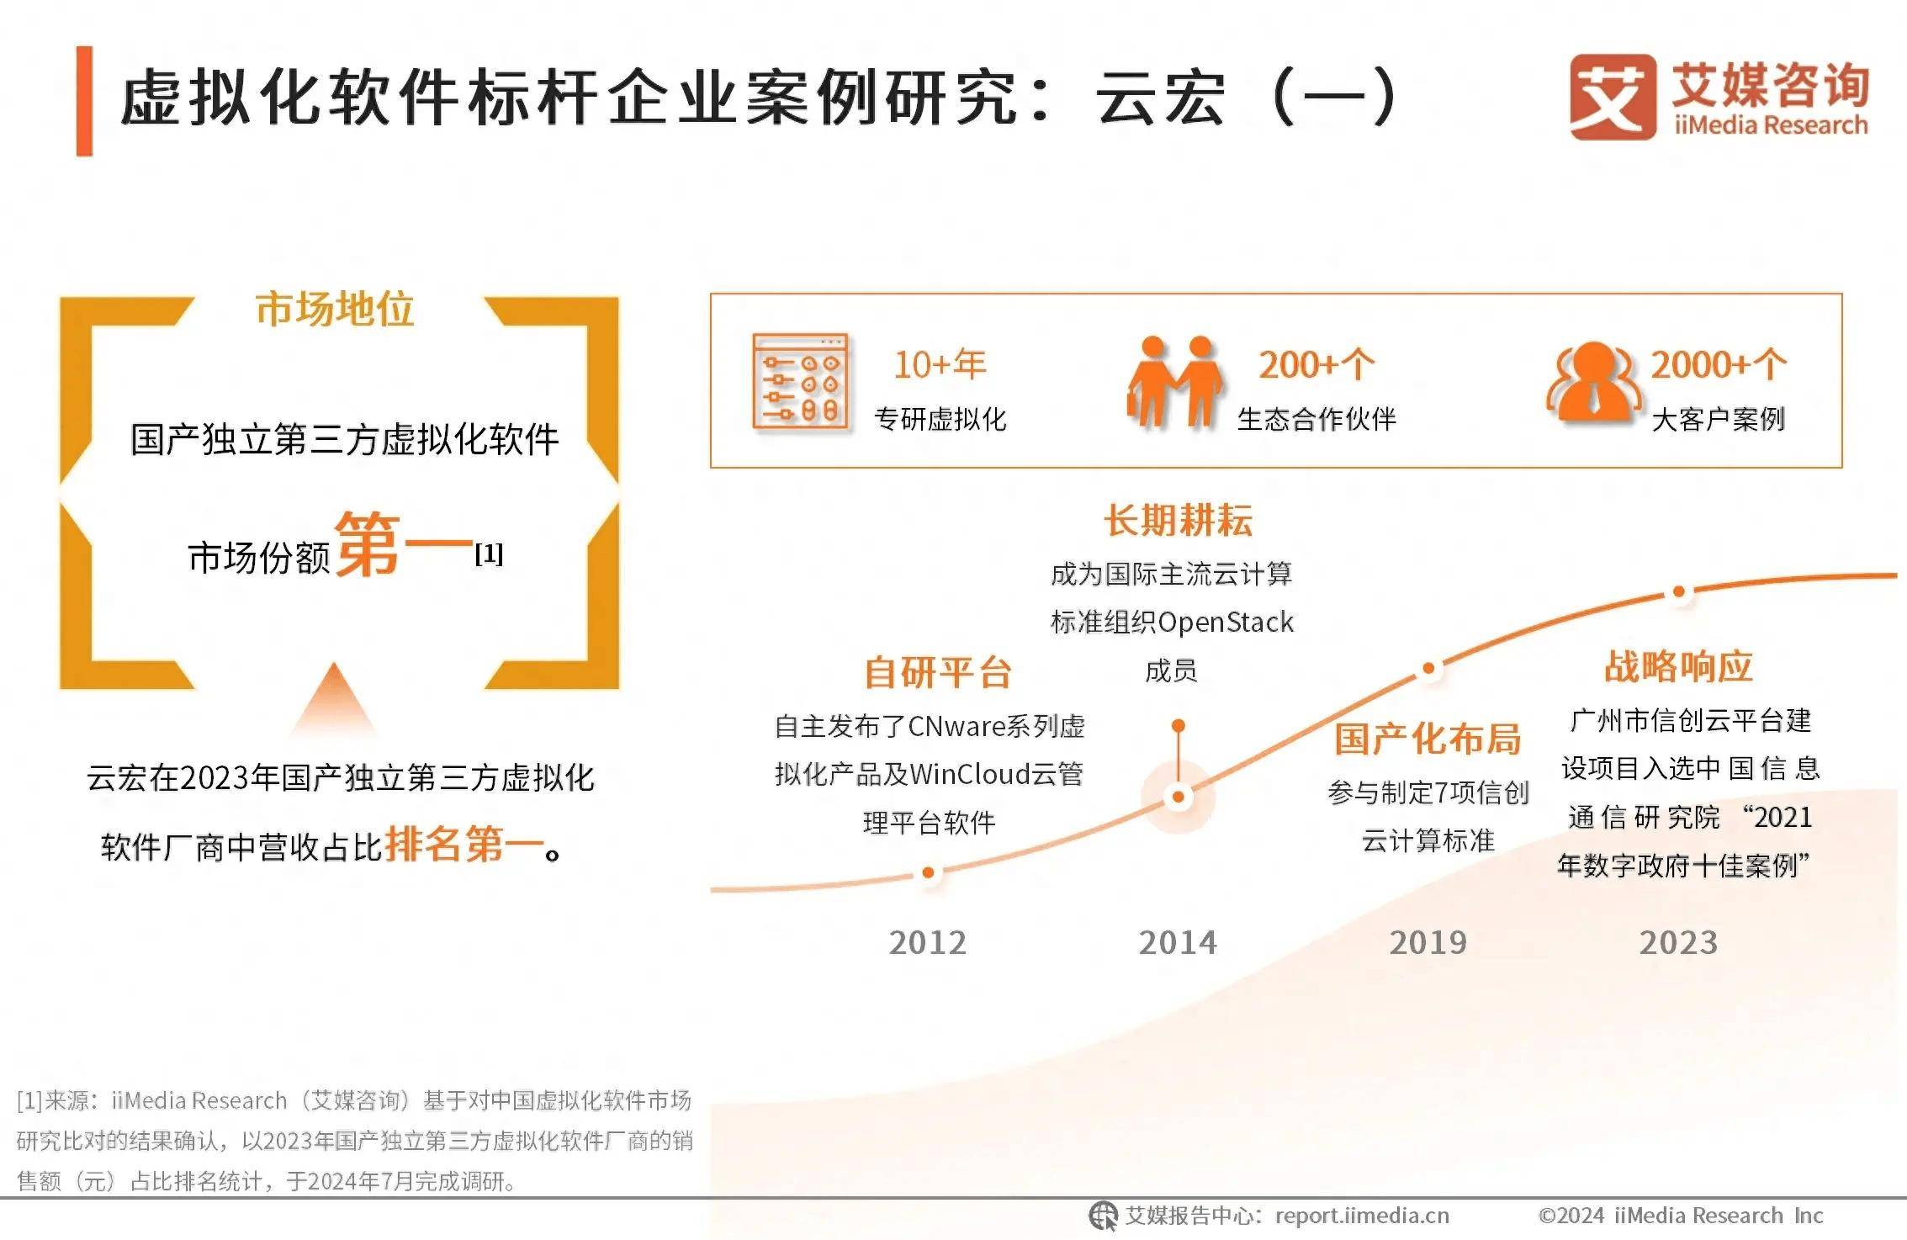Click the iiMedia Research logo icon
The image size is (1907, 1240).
(1612, 97)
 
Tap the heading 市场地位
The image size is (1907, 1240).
(334, 309)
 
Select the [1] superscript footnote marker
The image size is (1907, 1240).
(489, 554)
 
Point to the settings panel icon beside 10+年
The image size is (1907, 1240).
(799, 381)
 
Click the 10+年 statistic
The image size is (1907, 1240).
(939, 365)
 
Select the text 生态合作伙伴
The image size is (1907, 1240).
(1316, 419)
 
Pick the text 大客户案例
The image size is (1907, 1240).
(1718, 419)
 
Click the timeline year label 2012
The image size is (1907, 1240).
(927, 943)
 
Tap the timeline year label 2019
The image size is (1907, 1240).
(1428, 943)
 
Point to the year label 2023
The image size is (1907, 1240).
(1677, 943)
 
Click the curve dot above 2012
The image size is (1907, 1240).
(928, 873)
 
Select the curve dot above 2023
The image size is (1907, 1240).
(1678, 592)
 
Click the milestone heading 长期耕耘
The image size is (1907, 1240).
(1178, 521)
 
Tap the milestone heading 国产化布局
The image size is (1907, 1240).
(1428, 739)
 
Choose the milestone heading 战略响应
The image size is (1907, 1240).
(1678, 667)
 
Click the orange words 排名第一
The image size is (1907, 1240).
(464, 845)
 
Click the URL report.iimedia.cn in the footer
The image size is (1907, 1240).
(1362, 1216)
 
